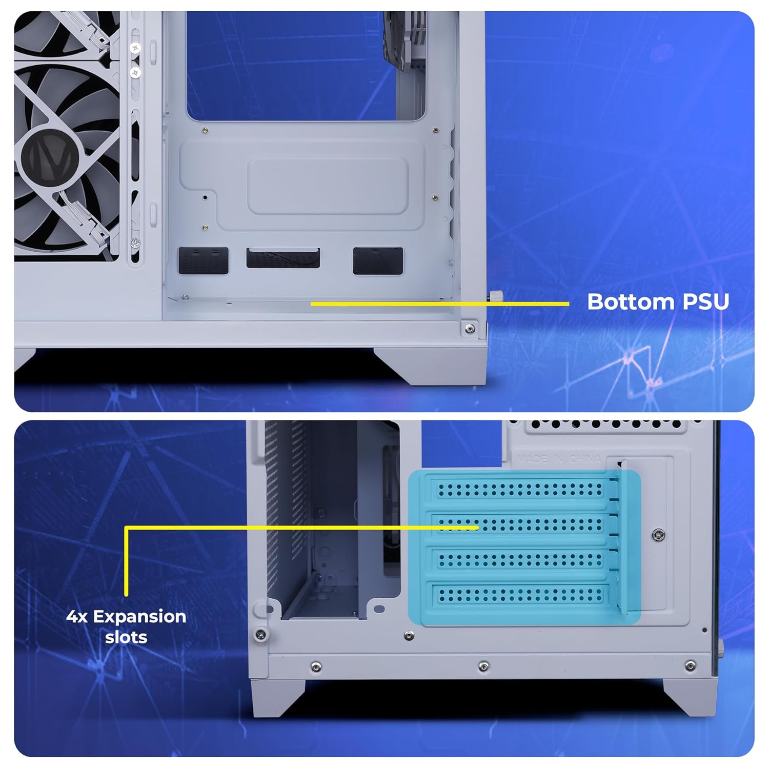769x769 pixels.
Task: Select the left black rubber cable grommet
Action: (x=203, y=260)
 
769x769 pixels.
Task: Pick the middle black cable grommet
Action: (x=283, y=258)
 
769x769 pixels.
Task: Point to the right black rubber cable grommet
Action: (x=378, y=260)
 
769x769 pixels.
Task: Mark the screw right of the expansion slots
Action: (x=659, y=535)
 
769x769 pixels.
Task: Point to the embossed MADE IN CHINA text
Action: (x=558, y=459)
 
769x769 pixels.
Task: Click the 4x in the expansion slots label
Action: (x=77, y=616)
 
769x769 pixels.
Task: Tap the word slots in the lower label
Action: (x=126, y=637)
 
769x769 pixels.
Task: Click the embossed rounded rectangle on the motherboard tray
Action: (x=328, y=186)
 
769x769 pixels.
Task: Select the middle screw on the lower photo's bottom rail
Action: (x=483, y=666)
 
